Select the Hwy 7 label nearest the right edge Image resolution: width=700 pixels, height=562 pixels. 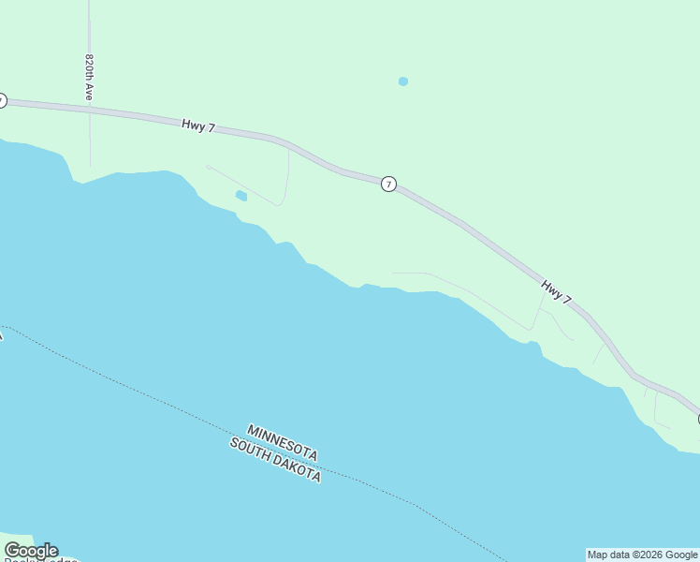tap(556, 291)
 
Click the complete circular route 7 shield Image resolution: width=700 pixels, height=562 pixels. tap(388, 185)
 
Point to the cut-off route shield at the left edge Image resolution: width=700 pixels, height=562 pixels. tap(2, 100)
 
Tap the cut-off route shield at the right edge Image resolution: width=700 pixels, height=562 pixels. tap(697, 419)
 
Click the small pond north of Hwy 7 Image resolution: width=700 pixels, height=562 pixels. tap(402, 81)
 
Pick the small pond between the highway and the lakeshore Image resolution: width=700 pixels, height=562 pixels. tap(241, 196)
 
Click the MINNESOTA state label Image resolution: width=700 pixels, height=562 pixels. tap(283, 442)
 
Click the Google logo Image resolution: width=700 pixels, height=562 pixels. tap(31, 551)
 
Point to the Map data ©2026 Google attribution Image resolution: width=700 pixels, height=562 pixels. tap(642, 555)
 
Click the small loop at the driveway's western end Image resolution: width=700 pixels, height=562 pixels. tap(208, 167)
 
